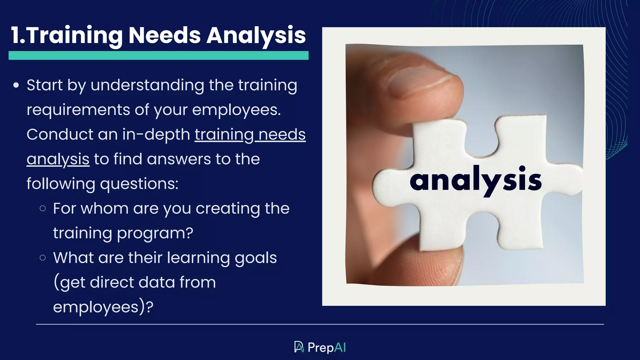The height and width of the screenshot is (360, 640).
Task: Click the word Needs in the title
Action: [x=164, y=35]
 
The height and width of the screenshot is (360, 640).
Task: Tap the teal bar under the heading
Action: [x=158, y=56]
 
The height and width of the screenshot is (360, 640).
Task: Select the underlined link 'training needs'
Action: [x=250, y=135]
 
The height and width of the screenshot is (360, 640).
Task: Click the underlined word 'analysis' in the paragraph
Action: [x=58, y=159]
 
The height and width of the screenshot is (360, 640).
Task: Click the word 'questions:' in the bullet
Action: [x=139, y=184]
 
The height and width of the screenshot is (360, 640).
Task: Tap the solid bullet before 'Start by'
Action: [x=16, y=85]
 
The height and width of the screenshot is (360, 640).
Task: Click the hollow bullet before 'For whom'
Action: [x=43, y=208]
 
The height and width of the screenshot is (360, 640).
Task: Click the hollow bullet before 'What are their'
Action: [x=43, y=258]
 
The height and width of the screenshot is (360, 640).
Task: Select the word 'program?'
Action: [x=155, y=233]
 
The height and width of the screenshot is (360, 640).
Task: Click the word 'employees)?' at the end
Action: [x=103, y=307]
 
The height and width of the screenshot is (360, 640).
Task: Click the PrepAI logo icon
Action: [x=299, y=347]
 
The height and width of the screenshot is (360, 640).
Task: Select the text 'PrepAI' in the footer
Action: [x=327, y=347]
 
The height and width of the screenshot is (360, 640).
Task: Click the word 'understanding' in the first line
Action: [x=147, y=85]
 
